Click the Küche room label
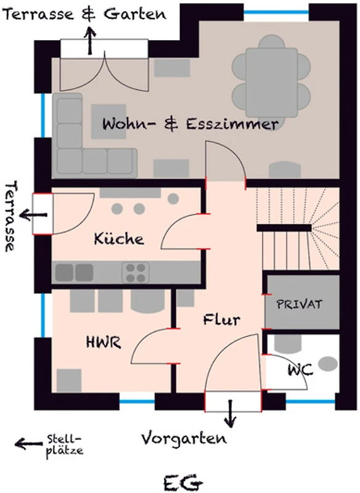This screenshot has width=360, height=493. (x=119, y=238)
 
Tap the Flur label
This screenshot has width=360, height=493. (x=222, y=319)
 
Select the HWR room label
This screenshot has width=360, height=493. (x=104, y=342)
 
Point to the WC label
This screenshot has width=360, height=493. (x=300, y=370)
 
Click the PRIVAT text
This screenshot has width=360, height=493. (x=300, y=304)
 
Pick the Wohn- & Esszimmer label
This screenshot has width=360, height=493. (x=190, y=124)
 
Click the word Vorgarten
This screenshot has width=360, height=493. (x=184, y=439)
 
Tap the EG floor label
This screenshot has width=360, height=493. (x=182, y=483)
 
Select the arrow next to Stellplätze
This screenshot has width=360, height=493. (x=28, y=444)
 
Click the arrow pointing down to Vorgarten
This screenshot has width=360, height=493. (x=231, y=414)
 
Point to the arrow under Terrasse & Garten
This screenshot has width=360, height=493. (x=91, y=41)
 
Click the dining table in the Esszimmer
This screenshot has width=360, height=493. (x=272, y=83)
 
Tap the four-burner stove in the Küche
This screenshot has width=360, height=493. (x=136, y=272)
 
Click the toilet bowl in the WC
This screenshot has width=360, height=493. (x=328, y=364)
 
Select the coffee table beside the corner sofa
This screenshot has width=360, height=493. (x=108, y=121)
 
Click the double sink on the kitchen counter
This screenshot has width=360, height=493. (x=75, y=272)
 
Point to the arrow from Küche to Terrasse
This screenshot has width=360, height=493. (x=33, y=216)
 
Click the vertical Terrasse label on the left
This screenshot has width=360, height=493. (x=10, y=216)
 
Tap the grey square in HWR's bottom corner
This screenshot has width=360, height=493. (x=69, y=380)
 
